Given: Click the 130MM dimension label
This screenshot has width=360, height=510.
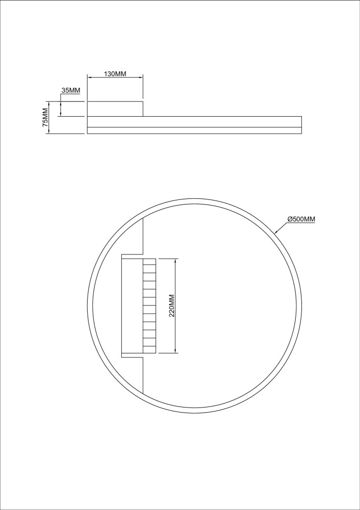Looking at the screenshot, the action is [x=115, y=74].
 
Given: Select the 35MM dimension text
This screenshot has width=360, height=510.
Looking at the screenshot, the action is [x=71, y=90].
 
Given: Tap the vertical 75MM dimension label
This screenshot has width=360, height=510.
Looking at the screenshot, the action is [x=45, y=117].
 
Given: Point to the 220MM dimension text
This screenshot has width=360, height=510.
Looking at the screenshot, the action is [x=172, y=305].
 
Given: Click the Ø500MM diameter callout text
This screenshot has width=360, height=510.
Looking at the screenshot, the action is [x=301, y=219].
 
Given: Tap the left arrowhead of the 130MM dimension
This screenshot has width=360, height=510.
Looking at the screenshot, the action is [x=90, y=78].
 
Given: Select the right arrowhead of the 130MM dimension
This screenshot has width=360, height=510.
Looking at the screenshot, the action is [x=141, y=78].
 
